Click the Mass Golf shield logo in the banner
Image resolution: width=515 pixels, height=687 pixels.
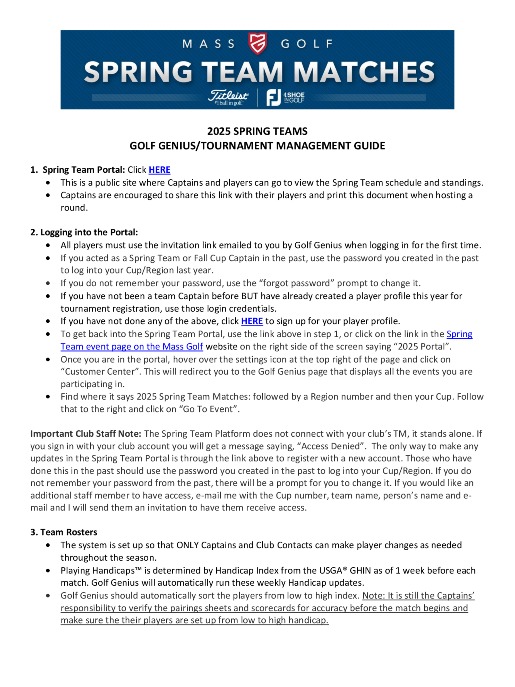(x=257, y=43)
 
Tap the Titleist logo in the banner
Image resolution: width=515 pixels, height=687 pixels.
(x=228, y=98)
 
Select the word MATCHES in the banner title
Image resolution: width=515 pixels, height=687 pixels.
(x=364, y=72)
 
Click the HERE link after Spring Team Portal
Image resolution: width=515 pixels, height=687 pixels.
(x=159, y=170)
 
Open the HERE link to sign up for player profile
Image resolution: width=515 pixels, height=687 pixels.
(x=252, y=321)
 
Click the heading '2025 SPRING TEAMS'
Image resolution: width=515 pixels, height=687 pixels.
(x=257, y=131)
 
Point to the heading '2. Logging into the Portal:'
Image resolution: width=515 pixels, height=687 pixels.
(x=84, y=232)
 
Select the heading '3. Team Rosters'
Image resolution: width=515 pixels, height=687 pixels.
(x=64, y=532)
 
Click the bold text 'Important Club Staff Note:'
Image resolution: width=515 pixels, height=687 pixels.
(x=86, y=434)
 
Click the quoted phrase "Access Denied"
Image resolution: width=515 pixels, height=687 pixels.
(x=332, y=446)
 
